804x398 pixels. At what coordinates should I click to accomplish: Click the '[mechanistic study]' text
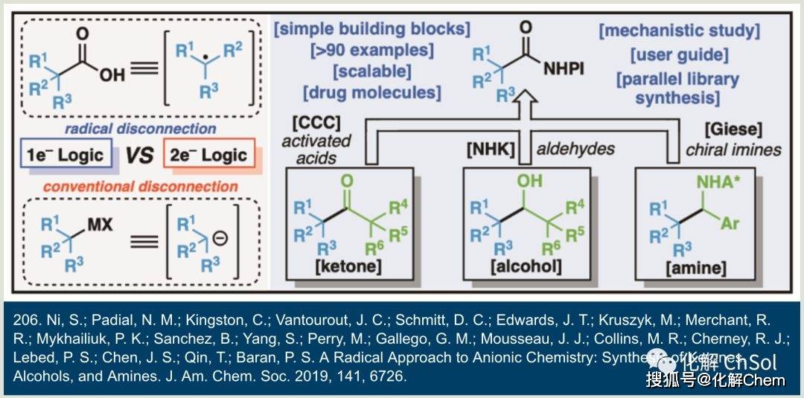(679, 31)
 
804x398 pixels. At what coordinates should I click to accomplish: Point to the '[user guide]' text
(679, 55)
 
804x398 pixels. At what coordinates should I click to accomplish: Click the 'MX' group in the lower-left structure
(100, 223)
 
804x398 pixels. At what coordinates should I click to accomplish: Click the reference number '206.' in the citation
(28, 320)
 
